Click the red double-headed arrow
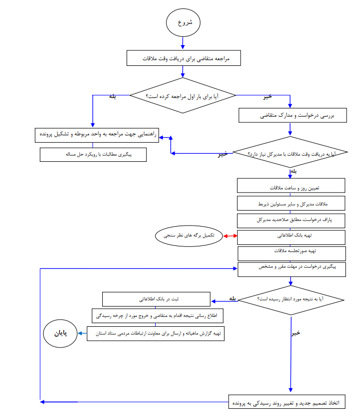coord(230,236)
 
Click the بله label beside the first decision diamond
coord(113,96)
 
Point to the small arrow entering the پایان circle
coord(82,334)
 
